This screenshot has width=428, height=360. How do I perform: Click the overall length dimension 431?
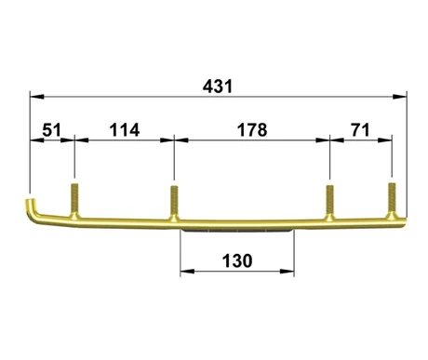(x=218, y=87)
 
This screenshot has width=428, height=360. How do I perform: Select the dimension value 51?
(x=52, y=130)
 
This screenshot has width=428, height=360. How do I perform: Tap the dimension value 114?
(x=125, y=130)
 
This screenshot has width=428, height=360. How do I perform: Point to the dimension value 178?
(x=252, y=130)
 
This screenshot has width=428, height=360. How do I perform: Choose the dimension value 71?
(x=360, y=130)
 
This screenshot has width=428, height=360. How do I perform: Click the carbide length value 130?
(x=237, y=260)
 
